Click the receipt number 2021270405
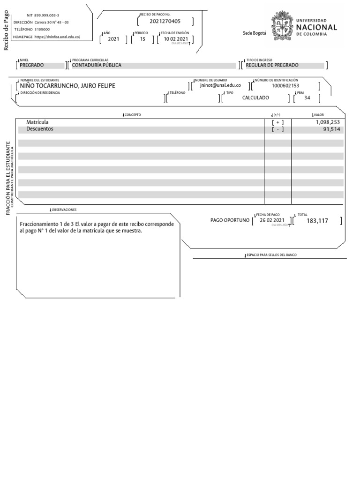(x=165, y=22)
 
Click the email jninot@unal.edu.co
(x=220, y=86)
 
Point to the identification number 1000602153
(x=285, y=86)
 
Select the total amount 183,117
(x=317, y=221)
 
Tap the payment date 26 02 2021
(x=272, y=220)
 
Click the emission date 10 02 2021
(x=176, y=39)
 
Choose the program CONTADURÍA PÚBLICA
(x=96, y=65)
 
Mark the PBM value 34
(x=307, y=98)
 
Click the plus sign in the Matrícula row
(x=278, y=122)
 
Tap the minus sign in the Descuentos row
(x=278, y=129)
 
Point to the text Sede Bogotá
(x=254, y=33)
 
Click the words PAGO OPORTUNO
(x=230, y=220)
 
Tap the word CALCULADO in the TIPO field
(x=255, y=98)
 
